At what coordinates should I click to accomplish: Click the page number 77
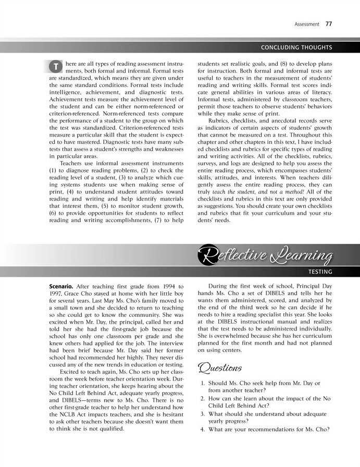(328, 23)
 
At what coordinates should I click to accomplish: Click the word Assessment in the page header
(307, 24)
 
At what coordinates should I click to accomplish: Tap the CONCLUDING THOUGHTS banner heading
(296, 48)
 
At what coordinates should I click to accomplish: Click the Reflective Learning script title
(266, 255)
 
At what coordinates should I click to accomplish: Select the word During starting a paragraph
(218, 287)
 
